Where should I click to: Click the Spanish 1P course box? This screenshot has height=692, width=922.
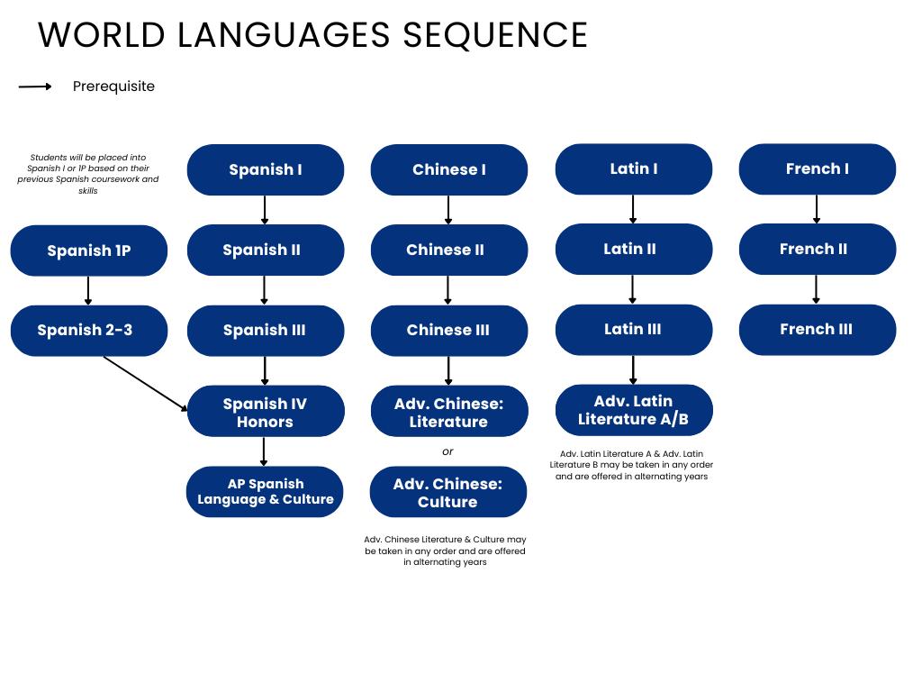click(x=88, y=250)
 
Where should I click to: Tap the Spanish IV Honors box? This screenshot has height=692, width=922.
click(x=265, y=412)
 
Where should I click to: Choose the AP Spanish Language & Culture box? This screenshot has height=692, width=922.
click(x=265, y=491)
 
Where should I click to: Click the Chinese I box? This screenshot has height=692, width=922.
click(x=448, y=169)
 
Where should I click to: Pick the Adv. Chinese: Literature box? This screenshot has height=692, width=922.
click(x=448, y=412)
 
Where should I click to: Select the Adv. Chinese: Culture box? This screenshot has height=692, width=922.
click(x=447, y=492)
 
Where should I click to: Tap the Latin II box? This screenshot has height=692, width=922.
click(x=633, y=249)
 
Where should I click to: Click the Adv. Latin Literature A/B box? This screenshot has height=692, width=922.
click(x=633, y=410)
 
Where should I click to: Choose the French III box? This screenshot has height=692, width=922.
click(x=817, y=329)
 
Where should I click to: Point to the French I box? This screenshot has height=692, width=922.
click(x=817, y=168)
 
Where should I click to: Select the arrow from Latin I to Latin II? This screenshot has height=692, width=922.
click(x=633, y=209)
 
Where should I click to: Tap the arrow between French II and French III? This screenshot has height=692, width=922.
click(x=817, y=289)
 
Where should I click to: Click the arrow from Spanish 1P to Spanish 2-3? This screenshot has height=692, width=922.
click(x=88, y=290)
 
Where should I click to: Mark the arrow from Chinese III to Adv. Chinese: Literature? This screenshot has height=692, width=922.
click(x=448, y=370)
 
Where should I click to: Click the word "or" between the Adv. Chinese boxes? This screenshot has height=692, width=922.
click(x=447, y=451)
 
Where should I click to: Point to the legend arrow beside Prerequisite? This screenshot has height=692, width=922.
click(x=35, y=86)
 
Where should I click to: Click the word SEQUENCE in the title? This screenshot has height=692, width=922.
click(x=494, y=34)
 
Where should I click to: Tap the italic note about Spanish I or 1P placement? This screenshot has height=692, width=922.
click(x=87, y=174)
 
